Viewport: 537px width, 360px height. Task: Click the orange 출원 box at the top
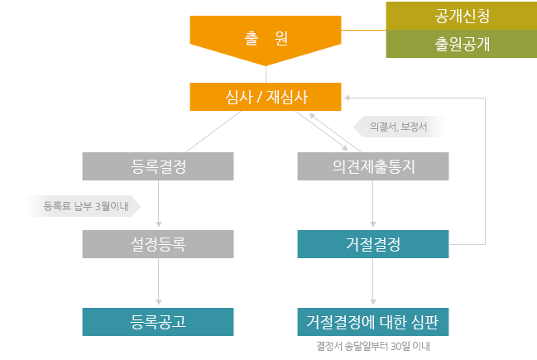coord(266,37)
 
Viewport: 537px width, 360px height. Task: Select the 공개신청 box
coord(461,15)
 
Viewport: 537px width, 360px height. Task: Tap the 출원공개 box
coord(461,44)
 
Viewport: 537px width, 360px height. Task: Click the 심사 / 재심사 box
coord(266,97)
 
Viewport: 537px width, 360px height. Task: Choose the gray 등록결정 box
coord(158,166)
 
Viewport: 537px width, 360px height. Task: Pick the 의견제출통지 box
coord(373,166)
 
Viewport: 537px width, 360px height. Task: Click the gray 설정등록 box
coord(158,245)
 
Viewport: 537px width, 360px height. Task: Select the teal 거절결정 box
coord(373,245)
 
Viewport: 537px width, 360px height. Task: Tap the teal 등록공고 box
coord(158,322)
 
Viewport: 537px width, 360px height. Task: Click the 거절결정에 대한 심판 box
coord(373,322)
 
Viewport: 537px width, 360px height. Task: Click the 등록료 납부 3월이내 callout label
coord(84,206)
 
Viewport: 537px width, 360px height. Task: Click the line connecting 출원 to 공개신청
coord(363,30)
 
